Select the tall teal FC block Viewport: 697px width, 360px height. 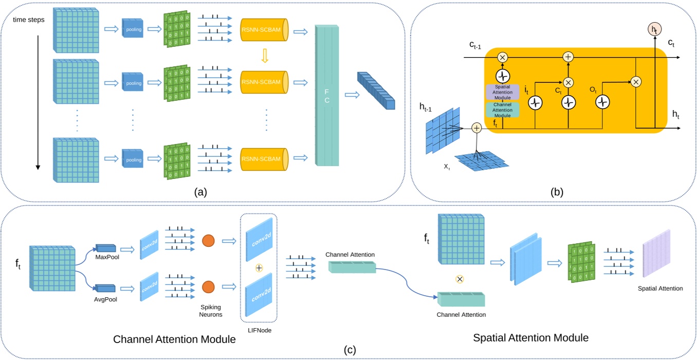click(x=326, y=95)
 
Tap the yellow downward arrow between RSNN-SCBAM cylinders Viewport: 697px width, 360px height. click(x=265, y=55)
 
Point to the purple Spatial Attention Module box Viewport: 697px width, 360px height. click(x=502, y=92)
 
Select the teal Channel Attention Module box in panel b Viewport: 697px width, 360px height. click(x=502, y=110)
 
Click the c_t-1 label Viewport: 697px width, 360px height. click(x=474, y=45)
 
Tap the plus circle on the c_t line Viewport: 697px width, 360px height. click(x=568, y=57)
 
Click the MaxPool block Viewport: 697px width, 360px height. click(x=106, y=248)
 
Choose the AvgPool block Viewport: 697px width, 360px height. click(x=106, y=288)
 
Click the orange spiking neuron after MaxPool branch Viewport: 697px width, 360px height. click(x=208, y=240)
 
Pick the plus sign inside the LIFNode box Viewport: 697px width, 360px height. click(x=259, y=268)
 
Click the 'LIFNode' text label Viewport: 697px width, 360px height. click(x=259, y=330)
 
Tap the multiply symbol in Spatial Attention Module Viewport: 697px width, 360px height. click(x=460, y=279)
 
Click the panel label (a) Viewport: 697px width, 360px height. click(x=200, y=193)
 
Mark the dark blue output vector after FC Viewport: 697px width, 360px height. click(x=376, y=89)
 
